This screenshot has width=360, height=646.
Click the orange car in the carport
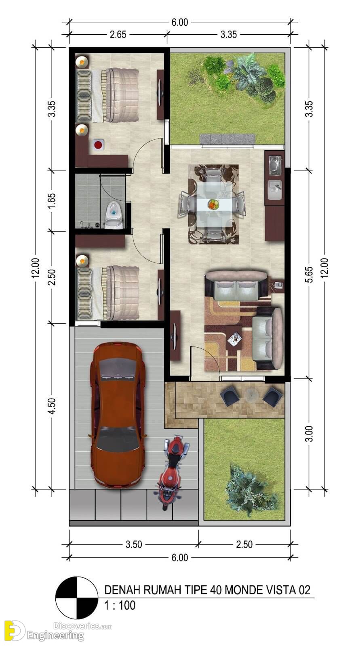pyautogui.click(x=118, y=415)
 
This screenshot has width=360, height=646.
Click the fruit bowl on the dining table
pyautogui.click(x=214, y=204)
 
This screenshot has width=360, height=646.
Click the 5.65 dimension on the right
pyautogui.click(x=309, y=275)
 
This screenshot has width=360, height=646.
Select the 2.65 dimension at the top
pyautogui.click(x=118, y=35)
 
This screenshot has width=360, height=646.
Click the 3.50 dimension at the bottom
pyautogui.click(x=134, y=545)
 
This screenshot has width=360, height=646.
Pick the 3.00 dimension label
pyautogui.click(x=309, y=434)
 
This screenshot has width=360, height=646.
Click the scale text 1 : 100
pyautogui.click(x=120, y=605)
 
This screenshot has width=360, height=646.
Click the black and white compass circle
pyautogui.click(x=77, y=598)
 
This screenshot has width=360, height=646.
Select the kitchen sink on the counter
pyautogui.click(x=275, y=190)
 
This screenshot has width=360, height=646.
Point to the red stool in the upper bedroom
pyautogui.click(x=99, y=145)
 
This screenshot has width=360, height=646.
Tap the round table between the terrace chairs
pyautogui.click(x=251, y=394)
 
